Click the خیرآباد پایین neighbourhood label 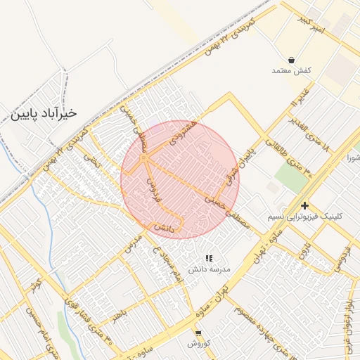click(x=43, y=112)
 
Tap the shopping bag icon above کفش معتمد click(x=291, y=60)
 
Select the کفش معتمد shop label click(x=291, y=71)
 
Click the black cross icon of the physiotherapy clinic click(x=304, y=205)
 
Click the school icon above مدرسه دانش click(x=208, y=259)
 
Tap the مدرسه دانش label click(x=208, y=269)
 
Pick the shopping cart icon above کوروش click(x=198, y=333)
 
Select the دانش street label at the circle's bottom click(x=162, y=229)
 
